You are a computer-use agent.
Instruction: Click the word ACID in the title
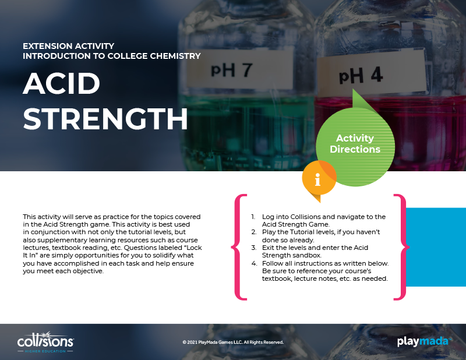[62, 83]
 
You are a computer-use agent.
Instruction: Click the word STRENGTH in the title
[105, 119]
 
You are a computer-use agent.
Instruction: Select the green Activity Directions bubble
[355, 143]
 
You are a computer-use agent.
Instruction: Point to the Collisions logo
[45, 342]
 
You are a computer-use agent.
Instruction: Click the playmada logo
[424, 341]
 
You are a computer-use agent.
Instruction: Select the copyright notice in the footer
[233, 342]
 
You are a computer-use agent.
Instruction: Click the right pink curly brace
[402, 247]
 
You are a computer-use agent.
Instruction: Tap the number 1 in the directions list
[253, 217]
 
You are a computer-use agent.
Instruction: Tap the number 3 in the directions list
[253, 248]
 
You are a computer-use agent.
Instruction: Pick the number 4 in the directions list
[254, 263]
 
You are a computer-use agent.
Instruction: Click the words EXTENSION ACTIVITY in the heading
[69, 46]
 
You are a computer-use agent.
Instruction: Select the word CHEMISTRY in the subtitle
[175, 56]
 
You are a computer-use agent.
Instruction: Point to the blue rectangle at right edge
[436, 247]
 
